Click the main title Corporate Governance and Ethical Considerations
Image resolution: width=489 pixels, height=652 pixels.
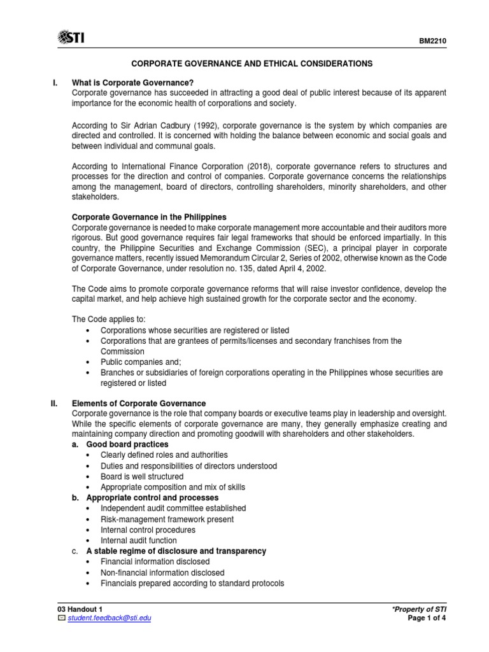click(x=252, y=64)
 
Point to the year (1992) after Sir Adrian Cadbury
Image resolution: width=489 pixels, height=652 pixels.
click(x=205, y=125)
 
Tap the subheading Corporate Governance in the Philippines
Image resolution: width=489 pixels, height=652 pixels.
click(x=149, y=218)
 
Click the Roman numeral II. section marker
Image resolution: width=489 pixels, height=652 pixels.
click(x=55, y=403)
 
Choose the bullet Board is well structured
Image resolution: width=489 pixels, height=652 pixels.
click(x=142, y=476)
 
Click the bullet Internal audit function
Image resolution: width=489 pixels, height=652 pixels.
click(x=139, y=541)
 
